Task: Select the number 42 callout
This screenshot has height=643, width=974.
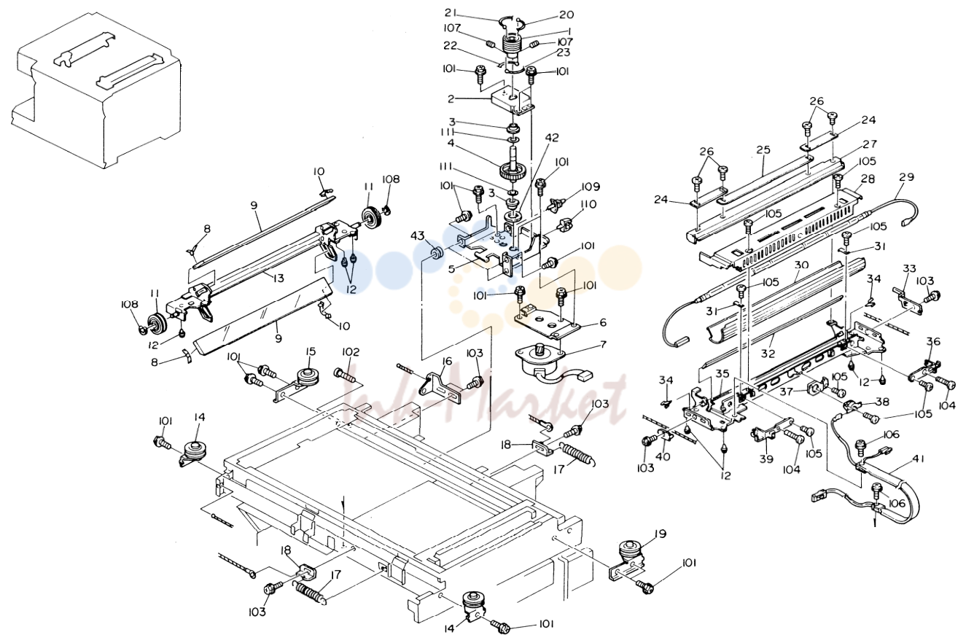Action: [552, 137]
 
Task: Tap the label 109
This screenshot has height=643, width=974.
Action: [589, 187]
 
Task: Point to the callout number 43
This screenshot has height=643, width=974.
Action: [418, 235]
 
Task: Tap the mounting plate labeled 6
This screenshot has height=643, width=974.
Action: [549, 321]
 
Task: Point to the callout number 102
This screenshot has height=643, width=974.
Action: [351, 352]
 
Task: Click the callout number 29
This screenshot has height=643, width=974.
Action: [907, 177]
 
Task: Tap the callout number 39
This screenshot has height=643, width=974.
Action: [766, 459]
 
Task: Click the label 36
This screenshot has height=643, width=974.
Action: [933, 342]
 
